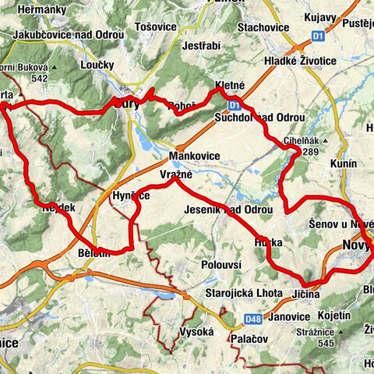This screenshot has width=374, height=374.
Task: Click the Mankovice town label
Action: pos(199,156)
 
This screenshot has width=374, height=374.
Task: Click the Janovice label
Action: pos(288,317)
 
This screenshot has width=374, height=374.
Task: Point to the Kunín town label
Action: pos(343,164)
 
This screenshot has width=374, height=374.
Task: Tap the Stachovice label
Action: pos(263,28)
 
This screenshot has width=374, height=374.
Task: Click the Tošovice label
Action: pos(153,26)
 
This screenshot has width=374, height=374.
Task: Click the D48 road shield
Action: pos(251,318)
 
